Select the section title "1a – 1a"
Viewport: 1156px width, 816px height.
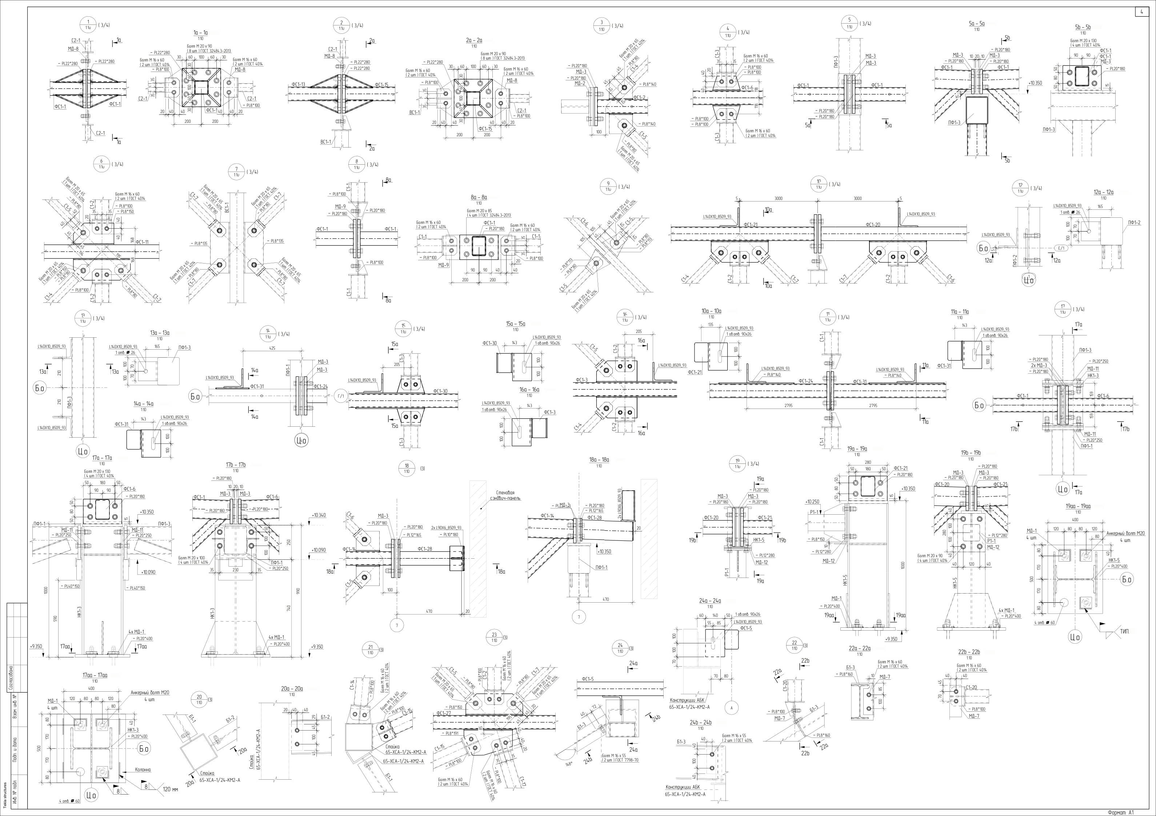200,33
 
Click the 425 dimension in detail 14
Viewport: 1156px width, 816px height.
272,348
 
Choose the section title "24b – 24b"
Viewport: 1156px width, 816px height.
700,722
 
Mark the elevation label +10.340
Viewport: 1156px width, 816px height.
319,515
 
